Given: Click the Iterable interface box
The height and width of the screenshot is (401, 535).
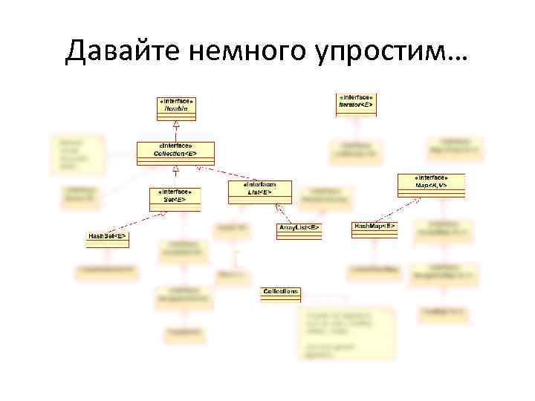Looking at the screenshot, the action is [x=176, y=105].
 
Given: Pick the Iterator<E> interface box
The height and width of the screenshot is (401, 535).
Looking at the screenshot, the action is [x=356, y=102].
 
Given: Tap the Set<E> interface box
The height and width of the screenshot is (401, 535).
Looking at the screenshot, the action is [x=175, y=196].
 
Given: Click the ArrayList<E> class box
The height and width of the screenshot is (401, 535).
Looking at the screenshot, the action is [x=299, y=230].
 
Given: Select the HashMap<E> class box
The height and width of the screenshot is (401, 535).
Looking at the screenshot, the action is [x=374, y=229].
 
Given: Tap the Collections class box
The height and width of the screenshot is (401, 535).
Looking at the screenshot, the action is [x=281, y=294].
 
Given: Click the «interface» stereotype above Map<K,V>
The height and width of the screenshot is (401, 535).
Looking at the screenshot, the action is [x=432, y=178].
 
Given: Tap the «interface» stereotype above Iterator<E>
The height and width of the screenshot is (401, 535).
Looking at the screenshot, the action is [x=356, y=97].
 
